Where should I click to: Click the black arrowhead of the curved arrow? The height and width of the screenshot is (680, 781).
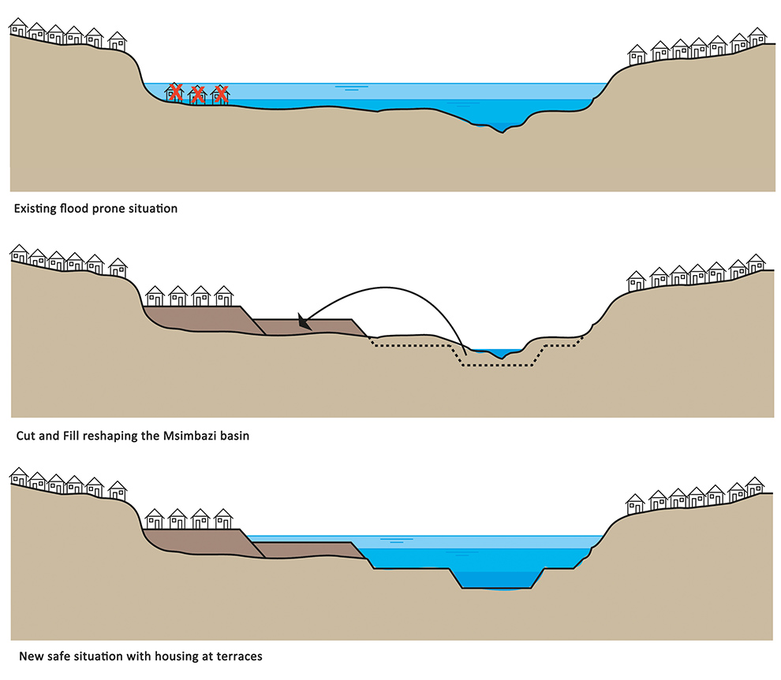tap(302, 321)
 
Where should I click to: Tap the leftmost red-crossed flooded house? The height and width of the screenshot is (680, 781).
tap(176, 93)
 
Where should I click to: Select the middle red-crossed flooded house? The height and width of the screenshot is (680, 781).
tap(199, 94)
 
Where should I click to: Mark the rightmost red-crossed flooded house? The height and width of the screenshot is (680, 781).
tap(222, 94)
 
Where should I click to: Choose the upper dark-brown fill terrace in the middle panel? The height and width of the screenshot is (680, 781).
tap(197, 318)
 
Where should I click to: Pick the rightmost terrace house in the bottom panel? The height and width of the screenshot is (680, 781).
tap(223, 518)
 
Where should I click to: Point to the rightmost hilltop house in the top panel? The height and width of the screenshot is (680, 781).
tap(757, 36)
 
